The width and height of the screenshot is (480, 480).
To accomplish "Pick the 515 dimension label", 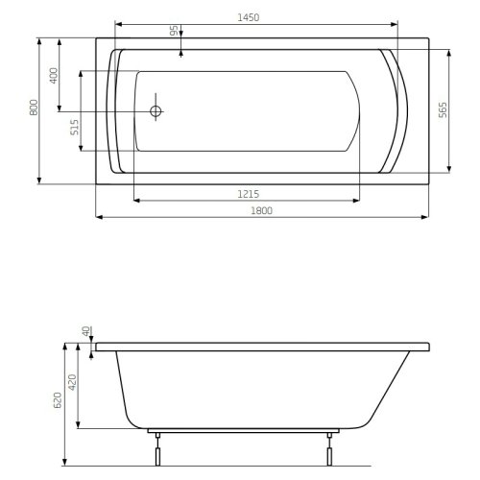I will coord(75,128).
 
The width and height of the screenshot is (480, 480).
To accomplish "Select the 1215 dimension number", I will coord(246,193).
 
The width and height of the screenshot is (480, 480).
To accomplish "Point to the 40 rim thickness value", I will coord(87,332).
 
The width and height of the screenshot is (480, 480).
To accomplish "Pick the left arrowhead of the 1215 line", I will coord(134,200).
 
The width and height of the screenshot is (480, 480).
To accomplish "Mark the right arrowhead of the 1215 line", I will coord(357,200).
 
